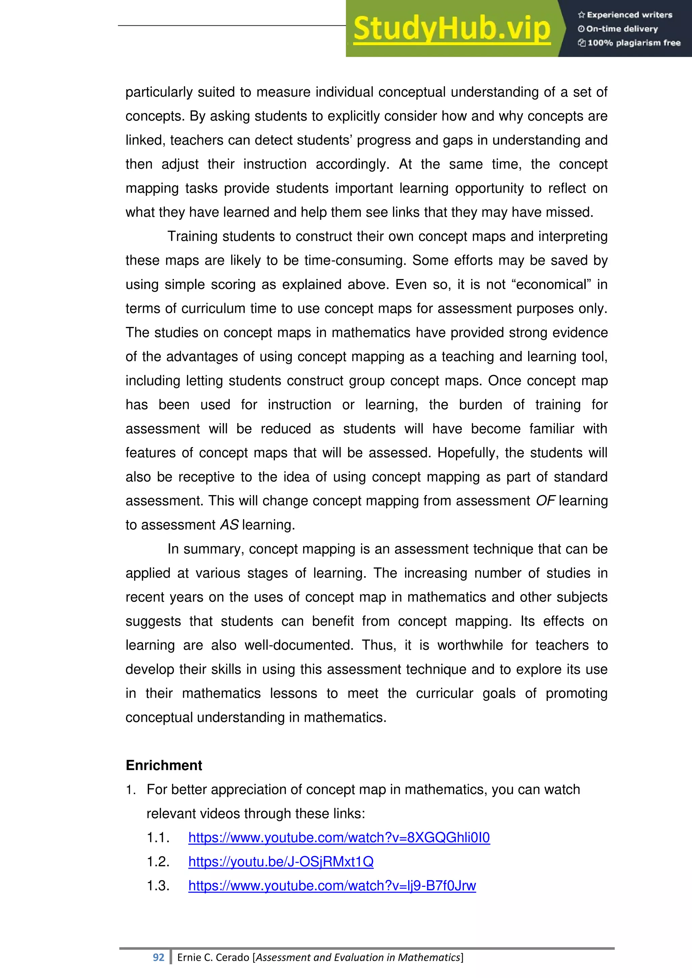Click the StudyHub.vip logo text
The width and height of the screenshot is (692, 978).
pos(452,29)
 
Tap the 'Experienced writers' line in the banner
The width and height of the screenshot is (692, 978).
pos(625,15)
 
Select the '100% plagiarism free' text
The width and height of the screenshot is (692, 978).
pos(630,43)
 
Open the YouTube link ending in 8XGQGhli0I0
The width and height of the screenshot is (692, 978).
pos(339,838)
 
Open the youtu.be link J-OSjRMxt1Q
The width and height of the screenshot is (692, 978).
pos(281,862)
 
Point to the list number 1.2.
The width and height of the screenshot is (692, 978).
pos(158,862)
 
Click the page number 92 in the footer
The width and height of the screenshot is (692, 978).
pos(158,957)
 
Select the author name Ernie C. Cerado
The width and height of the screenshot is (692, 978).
pos(213,957)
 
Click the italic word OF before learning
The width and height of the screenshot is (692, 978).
pos(545,501)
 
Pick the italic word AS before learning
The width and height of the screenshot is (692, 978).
pos(229,525)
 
